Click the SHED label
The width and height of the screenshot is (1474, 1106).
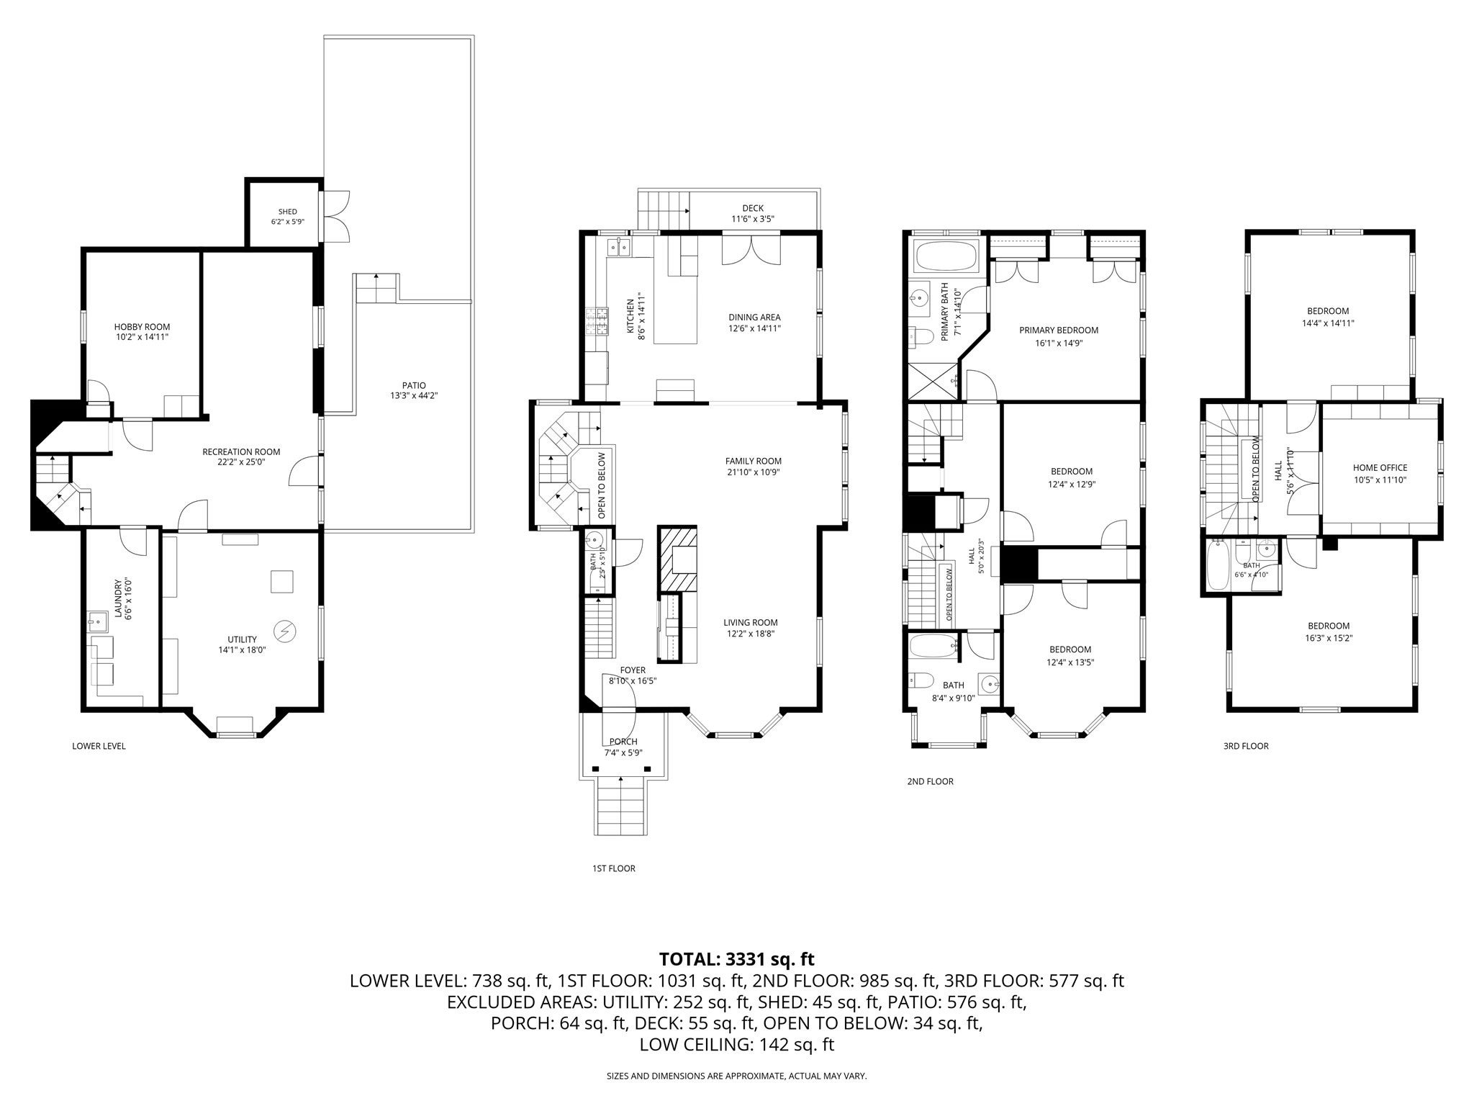[x=288, y=212]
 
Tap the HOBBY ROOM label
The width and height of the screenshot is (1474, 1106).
[x=142, y=327]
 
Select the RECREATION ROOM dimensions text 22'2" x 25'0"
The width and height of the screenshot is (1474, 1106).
[x=241, y=462]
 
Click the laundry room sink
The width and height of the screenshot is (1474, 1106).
[x=96, y=620]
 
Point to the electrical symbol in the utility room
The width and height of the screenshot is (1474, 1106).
[x=286, y=631]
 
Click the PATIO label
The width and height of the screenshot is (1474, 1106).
[x=414, y=385]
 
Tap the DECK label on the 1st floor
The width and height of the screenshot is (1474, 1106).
[x=753, y=209]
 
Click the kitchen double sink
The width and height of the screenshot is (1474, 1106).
[x=618, y=248]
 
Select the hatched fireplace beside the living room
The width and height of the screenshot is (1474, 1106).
[x=677, y=559]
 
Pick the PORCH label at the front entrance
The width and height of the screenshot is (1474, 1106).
[x=623, y=742]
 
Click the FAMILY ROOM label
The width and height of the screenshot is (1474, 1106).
[x=753, y=462]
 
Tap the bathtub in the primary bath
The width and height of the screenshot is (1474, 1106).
[x=946, y=257]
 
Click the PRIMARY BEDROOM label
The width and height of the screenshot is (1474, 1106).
[x=1059, y=331]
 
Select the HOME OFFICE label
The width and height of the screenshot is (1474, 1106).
[x=1380, y=468]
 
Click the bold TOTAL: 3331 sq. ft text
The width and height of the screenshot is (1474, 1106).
[x=736, y=959]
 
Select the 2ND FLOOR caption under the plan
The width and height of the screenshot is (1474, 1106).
[x=930, y=781]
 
